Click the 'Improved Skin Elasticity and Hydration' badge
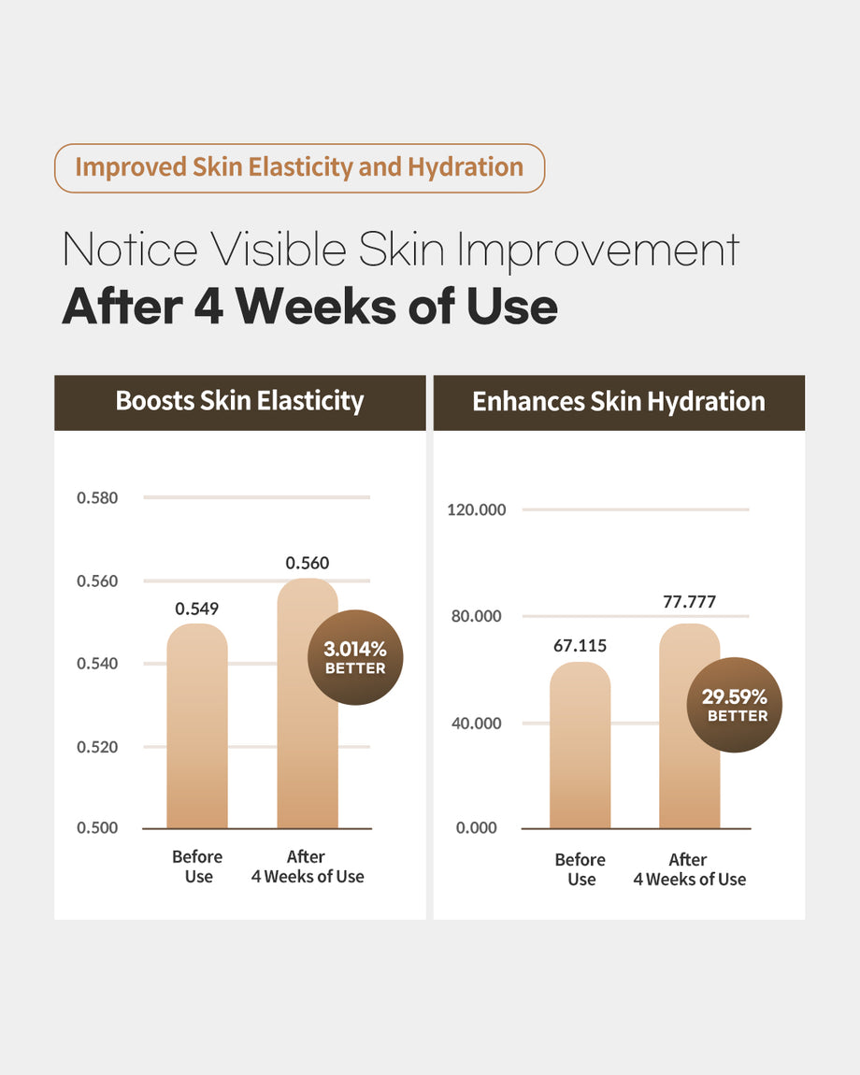pyautogui.click(x=299, y=168)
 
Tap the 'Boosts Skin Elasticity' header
pyautogui.click(x=239, y=402)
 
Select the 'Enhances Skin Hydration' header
pyautogui.click(x=619, y=402)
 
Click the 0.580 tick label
pyautogui.click(x=97, y=497)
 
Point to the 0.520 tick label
pyautogui.click(x=97, y=747)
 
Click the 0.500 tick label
pyautogui.click(x=97, y=828)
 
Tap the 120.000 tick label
pyautogui.click(x=477, y=510)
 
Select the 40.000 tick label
pyautogui.click(x=477, y=724)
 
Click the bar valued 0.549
pyautogui.click(x=197, y=729)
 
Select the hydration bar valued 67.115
pyautogui.click(x=580, y=748)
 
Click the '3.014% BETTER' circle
pyautogui.click(x=354, y=656)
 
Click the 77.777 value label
pyautogui.click(x=689, y=602)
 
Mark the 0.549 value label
pyautogui.click(x=197, y=609)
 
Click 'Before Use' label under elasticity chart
pyautogui.click(x=197, y=867)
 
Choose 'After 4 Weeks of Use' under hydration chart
pyautogui.click(x=689, y=869)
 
